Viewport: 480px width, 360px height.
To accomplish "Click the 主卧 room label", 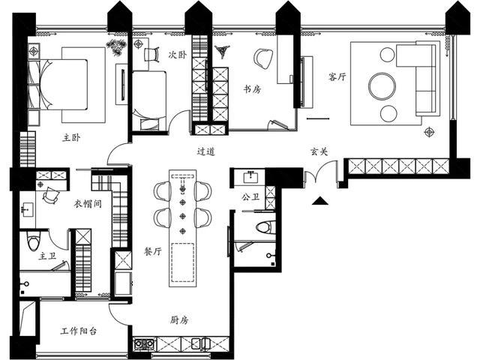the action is point(71,138).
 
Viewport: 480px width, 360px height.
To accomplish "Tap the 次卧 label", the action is point(177,55).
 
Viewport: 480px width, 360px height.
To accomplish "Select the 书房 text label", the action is point(252,89).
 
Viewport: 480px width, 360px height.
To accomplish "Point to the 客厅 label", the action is point(337,76).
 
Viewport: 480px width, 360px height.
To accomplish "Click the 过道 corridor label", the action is point(205,151).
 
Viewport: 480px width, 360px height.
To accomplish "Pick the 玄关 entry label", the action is point(319,151).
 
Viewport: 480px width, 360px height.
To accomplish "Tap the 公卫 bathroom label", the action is point(250,196).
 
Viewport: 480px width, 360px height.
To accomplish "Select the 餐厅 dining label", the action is point(153,252).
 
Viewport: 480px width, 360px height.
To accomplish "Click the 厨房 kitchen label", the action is point(179,320).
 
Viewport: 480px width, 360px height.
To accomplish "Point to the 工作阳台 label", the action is point(79,331).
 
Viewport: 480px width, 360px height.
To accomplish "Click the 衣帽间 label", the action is point(88,203).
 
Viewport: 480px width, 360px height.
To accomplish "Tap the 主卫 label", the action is point(47,256).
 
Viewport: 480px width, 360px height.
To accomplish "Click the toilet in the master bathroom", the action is point(33,241).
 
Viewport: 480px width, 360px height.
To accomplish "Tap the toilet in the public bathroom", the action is point(263,227).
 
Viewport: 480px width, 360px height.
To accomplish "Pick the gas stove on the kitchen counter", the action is point(145,343).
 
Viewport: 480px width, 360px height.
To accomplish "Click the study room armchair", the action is point(263,58).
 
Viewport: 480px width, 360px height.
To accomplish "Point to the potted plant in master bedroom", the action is point(116,47).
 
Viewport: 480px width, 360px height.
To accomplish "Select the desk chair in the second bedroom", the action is point(151,55).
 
